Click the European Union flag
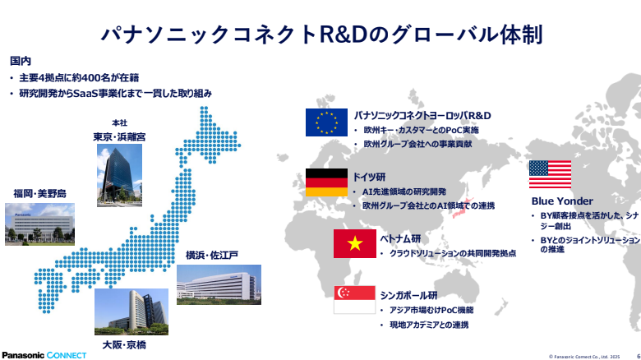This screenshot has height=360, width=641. [x=326, y=122]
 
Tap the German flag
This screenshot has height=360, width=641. [x=326, y=182]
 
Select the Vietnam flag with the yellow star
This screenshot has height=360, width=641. [x=354, y=243]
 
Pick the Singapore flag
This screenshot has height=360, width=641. [x=354, y=300]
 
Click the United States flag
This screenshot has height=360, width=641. [x=550, y=174]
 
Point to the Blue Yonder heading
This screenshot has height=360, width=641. [x=562, y=201]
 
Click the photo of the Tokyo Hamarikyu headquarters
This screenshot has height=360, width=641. [x=119, y=175]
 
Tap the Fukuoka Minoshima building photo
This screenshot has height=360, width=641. [x=39, y=224]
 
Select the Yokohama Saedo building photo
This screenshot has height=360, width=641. [x=219, y=284]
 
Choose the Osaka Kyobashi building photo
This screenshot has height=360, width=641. [x=131, y=312]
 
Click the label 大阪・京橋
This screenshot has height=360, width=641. [x=124, y=345]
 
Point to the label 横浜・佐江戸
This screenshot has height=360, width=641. [x=212, y=256]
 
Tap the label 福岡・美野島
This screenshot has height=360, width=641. [x=39, y=193]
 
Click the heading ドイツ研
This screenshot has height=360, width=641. [x=369, y=177]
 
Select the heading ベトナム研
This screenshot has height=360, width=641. [x=400, y=238]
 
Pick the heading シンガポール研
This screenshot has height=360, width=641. [x=408, y=295]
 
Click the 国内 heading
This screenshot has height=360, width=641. [x=21, y=61]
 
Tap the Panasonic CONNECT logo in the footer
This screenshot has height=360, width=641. [x=44, y=355]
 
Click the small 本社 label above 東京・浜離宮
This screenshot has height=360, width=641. [x=119, y=122]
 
